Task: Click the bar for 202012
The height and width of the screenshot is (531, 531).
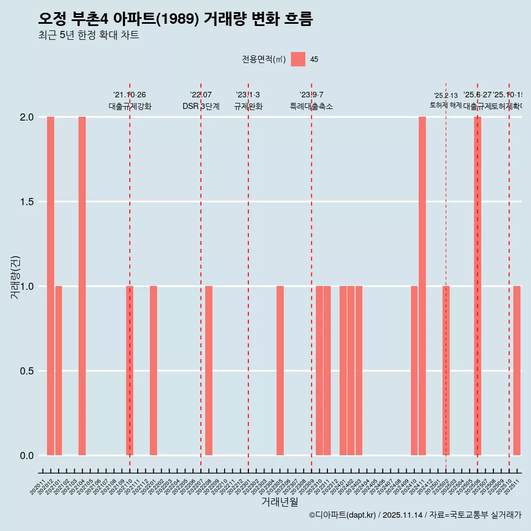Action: pyautogui.click(x=50, y=286)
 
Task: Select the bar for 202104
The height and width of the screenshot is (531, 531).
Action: pyautogui.click(x=82, y=286)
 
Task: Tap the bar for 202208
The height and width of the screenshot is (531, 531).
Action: pyautogui.click(x=209, y=371)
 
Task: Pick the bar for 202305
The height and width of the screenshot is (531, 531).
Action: pyautogui.click(x=280, y=371)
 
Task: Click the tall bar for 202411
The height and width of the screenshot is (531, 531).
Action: pyautogui.click(x=422, y=286)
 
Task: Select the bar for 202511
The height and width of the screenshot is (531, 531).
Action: pyautogui.click(x=517, y=371)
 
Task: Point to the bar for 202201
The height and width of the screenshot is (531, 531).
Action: pyautogui.click(x=153, y=371)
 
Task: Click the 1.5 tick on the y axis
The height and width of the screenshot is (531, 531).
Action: pyautogui.click(x=26, y=202)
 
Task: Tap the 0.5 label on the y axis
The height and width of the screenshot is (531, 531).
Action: pyautogui.click(x=26, y=371)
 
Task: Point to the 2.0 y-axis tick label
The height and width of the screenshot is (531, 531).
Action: pyautogui.click(x=26, y=117)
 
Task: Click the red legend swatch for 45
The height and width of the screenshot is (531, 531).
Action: pyautogui.click(x=298, y=59)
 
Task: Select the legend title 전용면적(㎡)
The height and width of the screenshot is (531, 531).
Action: pyautogui.click(x=264, y=60)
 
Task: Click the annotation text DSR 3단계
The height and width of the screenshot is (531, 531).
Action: pyautogui.click(x=201, y=107)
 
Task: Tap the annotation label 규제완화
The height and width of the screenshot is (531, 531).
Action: pyautogui.click(x=248, y=107)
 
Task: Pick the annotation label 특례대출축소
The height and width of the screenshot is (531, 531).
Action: pyautogui.click(x=311, y=107)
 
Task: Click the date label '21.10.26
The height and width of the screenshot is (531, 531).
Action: pyautogui.click(x=129, y=95)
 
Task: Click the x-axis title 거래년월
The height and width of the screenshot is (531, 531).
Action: pyautogui.click(x=280, y=502)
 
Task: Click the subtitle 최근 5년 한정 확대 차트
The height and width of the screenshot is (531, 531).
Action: pyautogui.click(x=88, y=35)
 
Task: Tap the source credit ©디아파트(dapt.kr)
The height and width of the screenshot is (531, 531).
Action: pyautogui.click(x=343, y=515)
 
